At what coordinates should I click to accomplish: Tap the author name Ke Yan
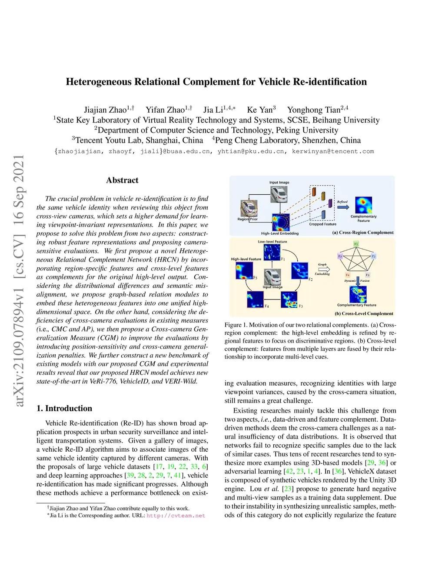click(x=259, y=110)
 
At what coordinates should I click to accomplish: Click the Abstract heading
click(x=122, y=180)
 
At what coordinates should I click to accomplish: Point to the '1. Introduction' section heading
click(x=64, y=408)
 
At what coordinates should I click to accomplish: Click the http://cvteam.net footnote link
click(x=176, y=516)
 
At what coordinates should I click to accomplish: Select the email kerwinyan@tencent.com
click(x=333, y=151)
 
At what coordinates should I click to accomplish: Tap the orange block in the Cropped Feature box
click(x=314, y=192)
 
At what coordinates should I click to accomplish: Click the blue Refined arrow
click(x=343, y=207)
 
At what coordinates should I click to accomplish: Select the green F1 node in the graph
click(x=356, y=244)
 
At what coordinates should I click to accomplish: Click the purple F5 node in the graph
click(x=340, y=256)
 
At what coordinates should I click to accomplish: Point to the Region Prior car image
click(x=249, y=209)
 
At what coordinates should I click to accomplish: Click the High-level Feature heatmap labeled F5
click(x=244, y=270)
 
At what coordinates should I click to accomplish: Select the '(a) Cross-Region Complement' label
click(x=363, y=233)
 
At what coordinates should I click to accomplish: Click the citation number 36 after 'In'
click(x=337, y=471)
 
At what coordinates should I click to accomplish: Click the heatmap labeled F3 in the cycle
click(x=289, y=300)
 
